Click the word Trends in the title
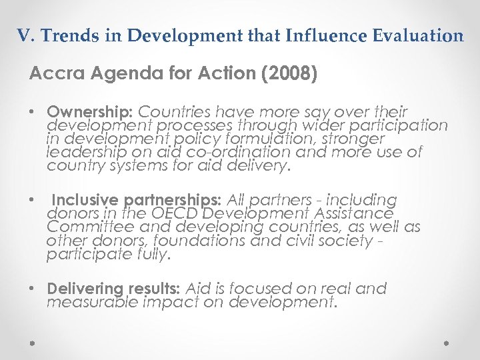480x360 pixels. click(65, 36)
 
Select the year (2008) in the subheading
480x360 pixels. click(288, 73)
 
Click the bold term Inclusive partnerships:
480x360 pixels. click(138, 200)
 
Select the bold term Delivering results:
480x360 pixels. click(113, 289)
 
